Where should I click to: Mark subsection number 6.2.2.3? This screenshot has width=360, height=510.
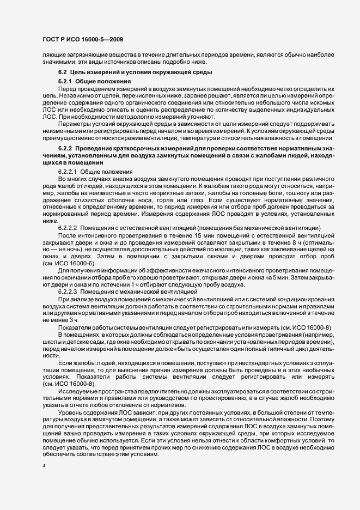(69, 293)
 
